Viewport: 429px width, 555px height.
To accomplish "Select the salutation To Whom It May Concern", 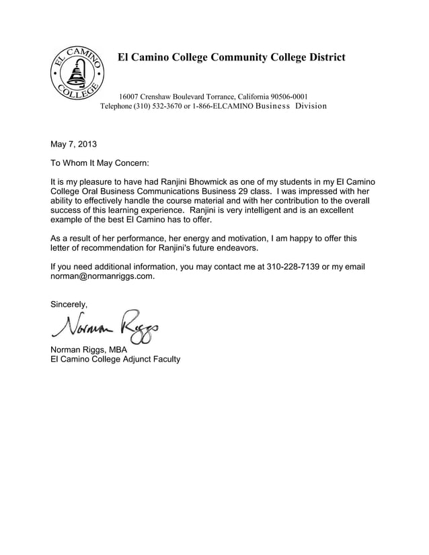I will [x=100, y=163].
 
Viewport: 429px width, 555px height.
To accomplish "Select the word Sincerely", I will [x=69, y=304].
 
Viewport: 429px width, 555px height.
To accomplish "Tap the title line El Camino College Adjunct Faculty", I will [x=116, y=359].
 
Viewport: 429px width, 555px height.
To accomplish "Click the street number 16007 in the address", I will [x=129, y=96].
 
